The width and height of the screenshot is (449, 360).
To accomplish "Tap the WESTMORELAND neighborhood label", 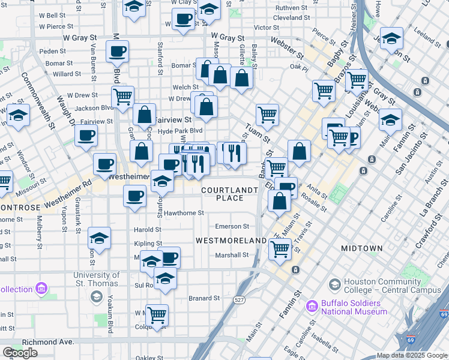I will click(x=231, y=240).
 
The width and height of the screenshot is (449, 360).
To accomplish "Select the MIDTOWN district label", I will click(x=361, y=248).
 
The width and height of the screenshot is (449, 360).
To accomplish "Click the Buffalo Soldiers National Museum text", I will click(x=354, y=307).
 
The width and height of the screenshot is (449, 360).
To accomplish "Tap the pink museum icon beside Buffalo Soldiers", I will click(x=312, y=307).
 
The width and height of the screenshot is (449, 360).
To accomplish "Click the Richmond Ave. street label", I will click(x=48, y=342).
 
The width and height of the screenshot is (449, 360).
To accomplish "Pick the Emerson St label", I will click(x=232, y=226).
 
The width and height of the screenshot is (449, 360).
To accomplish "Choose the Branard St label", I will click(x=204, y=298).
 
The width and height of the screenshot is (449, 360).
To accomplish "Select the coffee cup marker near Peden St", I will click(x=117, y=52).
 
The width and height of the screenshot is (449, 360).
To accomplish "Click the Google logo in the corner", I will click(x=20, y=353).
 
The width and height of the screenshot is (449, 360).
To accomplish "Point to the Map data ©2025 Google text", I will click(x=412, y=355).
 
